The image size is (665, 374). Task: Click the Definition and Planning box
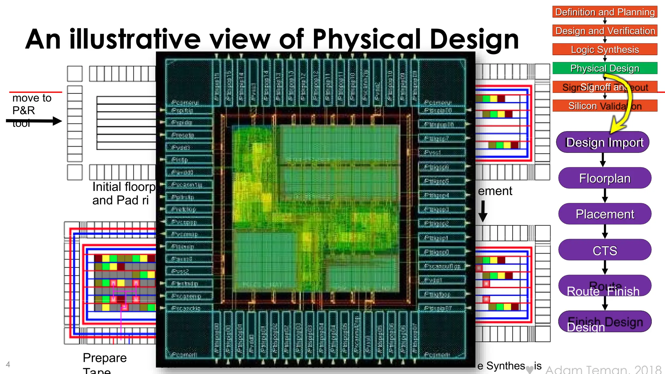[605, 12]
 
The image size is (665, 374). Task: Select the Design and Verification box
[605, 31]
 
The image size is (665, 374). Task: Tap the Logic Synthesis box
[605, 50]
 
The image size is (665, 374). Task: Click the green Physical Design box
[605, 68]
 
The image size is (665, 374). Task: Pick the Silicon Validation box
[605, 106]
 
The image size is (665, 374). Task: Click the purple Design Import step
[604, 142]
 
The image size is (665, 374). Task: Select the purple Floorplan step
[605, 178]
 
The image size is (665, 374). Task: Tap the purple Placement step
[605, 214]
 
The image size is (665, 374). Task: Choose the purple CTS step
[605, 250]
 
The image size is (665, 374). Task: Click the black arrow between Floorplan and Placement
[605, 196]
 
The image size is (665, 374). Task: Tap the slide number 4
[8, 364]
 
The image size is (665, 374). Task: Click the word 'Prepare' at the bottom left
[105, 358]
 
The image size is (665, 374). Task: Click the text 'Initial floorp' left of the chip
[124, 187]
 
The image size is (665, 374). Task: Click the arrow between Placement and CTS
[605, 232]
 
